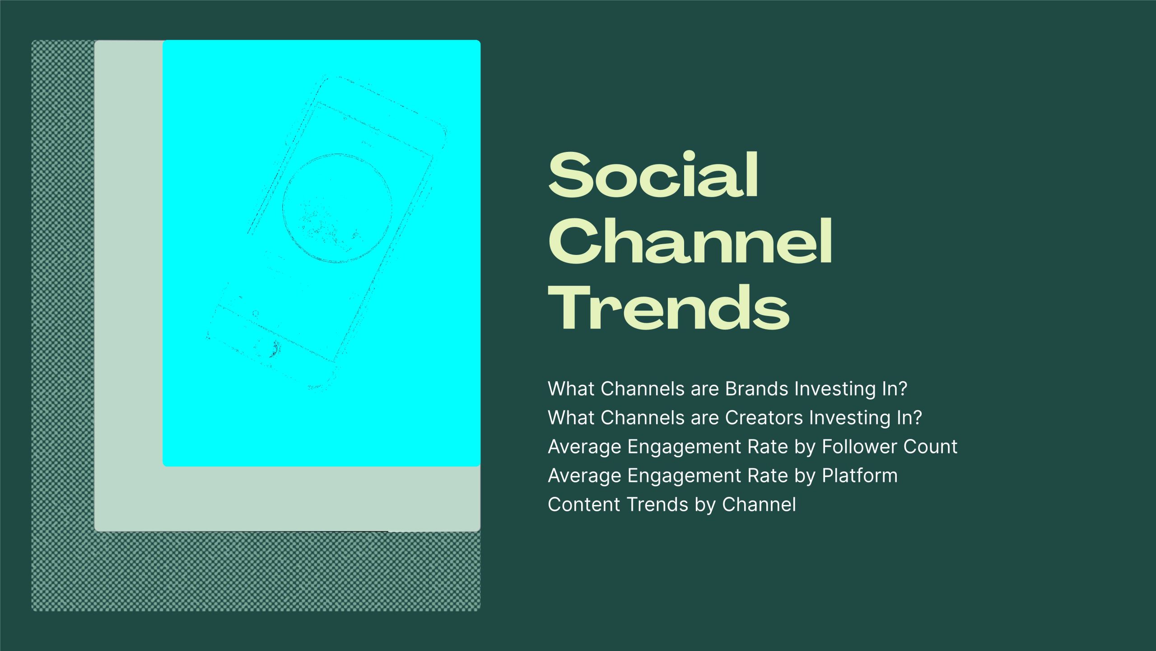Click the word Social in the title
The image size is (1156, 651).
pyautogui.click(x=653, y=175)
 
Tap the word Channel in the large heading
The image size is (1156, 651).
pyautogui.click(x=690, y=241)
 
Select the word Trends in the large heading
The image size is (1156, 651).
pyautogui.click(x=669, y=307)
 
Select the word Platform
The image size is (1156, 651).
pyautogui.click(x=860, y=476)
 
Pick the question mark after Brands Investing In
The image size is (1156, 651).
pyautogui.click(x=902, y=389)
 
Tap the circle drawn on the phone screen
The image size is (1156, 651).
pyautogui.click(x=337, y=208)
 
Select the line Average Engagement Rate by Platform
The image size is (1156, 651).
pyautogui.click(x=723, y=476)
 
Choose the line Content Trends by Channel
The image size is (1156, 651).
pyautogui.click(x=672, y=505)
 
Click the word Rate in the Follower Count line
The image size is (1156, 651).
pyautogui.click(x=768, y=447)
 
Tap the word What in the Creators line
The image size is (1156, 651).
pyautogui.click(x=571, y=418)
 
